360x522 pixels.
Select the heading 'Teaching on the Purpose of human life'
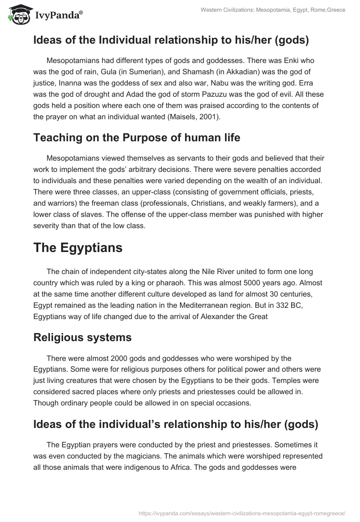[x=137, y=138]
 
